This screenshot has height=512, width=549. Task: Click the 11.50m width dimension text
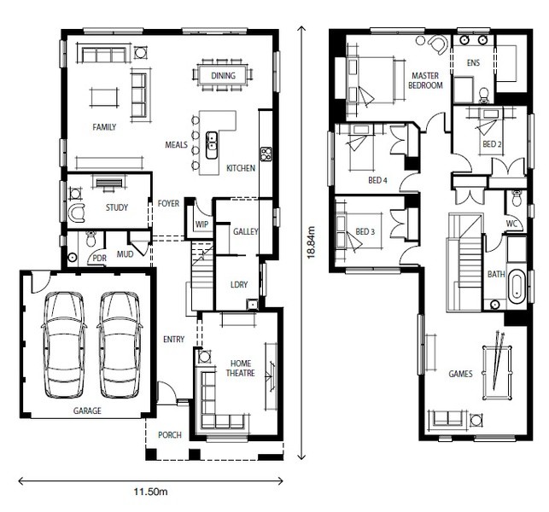point(150,492)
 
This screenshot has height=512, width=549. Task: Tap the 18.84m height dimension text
point(312,242)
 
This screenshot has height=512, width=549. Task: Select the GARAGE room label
point(87,410)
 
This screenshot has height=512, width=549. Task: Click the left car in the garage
point(64,345)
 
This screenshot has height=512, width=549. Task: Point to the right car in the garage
point(120,345)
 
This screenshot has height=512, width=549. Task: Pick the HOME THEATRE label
point(241,368)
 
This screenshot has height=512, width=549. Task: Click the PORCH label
point(170,435)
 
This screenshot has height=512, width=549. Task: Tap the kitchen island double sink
point(211,145)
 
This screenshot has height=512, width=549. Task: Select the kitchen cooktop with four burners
point(266,154)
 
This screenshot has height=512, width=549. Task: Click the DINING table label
point(223,76)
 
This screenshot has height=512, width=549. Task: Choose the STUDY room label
point(117,207)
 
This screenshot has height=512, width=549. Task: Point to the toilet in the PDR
point(91,238)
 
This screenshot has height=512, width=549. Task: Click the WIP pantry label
point(201,224)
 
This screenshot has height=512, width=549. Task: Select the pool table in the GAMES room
point(497,372)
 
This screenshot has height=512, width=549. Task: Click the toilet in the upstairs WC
point(517,199)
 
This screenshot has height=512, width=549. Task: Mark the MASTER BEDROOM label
point(425,80)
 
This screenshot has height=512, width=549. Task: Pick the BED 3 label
point(365,231)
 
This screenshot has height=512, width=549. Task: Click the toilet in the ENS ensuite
point(484,96)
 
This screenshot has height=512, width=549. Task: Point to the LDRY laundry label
point(239,284)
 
